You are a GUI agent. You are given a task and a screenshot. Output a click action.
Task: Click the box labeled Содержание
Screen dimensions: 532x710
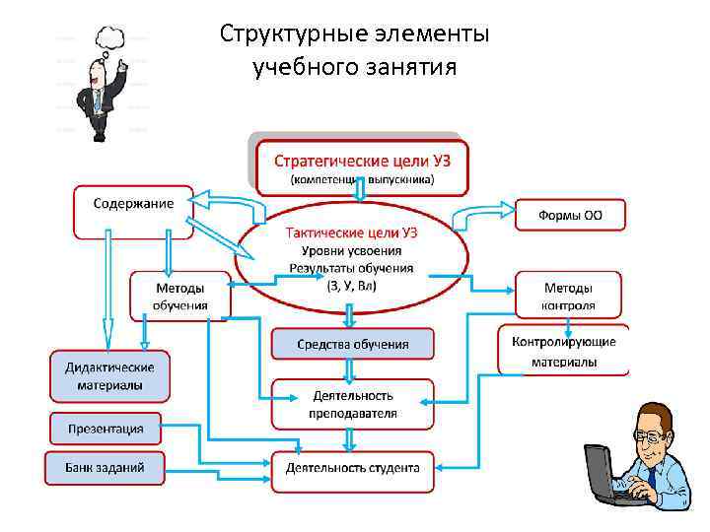click(x=133, y=204)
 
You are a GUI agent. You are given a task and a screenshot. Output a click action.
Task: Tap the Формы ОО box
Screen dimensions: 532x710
click(x=570, y=215)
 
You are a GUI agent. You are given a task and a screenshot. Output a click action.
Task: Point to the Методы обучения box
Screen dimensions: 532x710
click(x=179, y=296)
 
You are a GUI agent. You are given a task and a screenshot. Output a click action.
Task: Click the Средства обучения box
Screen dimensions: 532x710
click(x=353, y=344)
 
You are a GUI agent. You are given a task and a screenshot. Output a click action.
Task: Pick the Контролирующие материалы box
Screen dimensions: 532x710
click(x=564, y=352)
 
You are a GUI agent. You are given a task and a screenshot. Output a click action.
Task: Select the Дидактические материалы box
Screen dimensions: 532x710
click(x=109, y=375)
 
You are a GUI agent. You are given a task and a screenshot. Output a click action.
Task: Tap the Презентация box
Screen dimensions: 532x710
click(x=106, y=429)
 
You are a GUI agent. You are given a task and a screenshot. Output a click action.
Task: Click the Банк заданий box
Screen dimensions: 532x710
click(x=106, y=467)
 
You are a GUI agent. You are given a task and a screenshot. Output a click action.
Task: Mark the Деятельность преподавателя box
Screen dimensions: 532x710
click(x=353, y=404)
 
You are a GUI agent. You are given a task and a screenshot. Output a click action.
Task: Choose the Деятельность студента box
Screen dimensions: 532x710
click(x=353, y=468)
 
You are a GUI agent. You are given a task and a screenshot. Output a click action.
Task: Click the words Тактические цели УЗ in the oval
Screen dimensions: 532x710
click(x=351, y=233)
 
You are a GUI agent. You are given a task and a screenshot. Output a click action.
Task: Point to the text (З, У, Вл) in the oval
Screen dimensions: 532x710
click(x=351, y=286)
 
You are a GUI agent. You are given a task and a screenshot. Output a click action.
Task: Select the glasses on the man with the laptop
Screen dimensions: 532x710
click(x=647, y=434)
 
